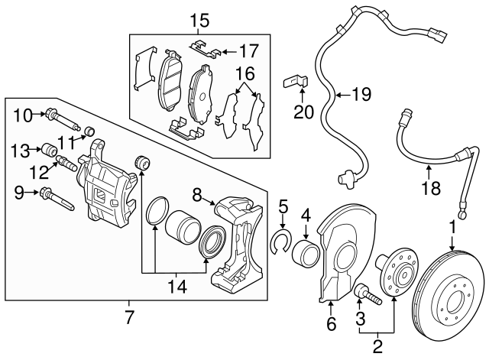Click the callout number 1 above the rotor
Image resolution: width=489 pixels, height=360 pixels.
[452, 227]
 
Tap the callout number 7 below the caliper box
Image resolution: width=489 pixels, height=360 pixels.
[129, 315]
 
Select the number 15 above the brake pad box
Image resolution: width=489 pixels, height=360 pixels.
[199, 18]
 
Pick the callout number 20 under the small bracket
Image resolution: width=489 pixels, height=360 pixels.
[303, 112]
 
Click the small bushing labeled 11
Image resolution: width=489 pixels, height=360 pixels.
[88, 128]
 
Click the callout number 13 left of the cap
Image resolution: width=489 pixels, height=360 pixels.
[20, 148]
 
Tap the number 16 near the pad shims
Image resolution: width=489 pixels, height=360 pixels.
[244, 74]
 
